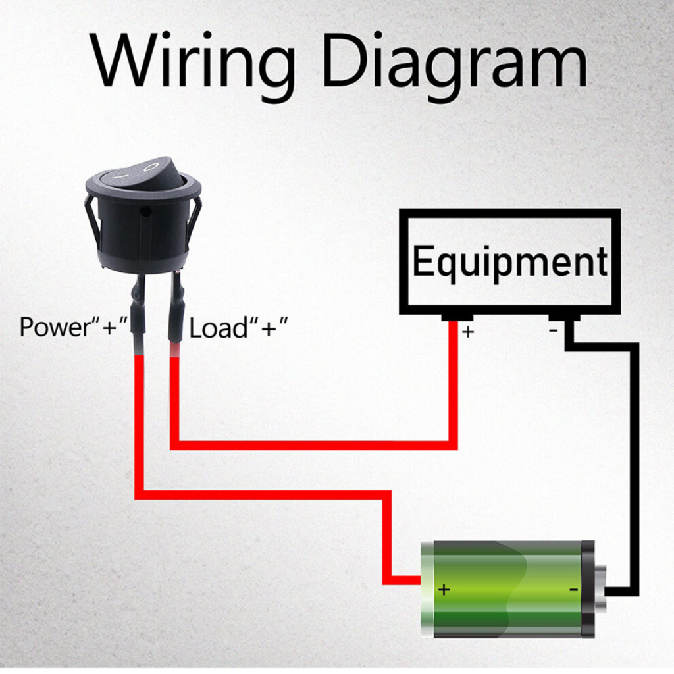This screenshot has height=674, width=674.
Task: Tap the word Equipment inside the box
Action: pyautogui.click(x=510, y=262)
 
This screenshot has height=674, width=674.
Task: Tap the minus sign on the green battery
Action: pyautogui.click(x=574, y=589)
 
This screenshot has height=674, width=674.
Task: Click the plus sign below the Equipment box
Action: pyautogui.click(x=468, y=332)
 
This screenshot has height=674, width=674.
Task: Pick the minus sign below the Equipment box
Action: pyautogui.click(x=554, y=330)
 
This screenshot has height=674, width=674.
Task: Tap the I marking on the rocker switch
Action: pyautogui.click(x=121, y=176)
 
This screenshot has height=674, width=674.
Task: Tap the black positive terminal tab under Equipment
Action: pyautogui.click(x=457, y=318)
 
